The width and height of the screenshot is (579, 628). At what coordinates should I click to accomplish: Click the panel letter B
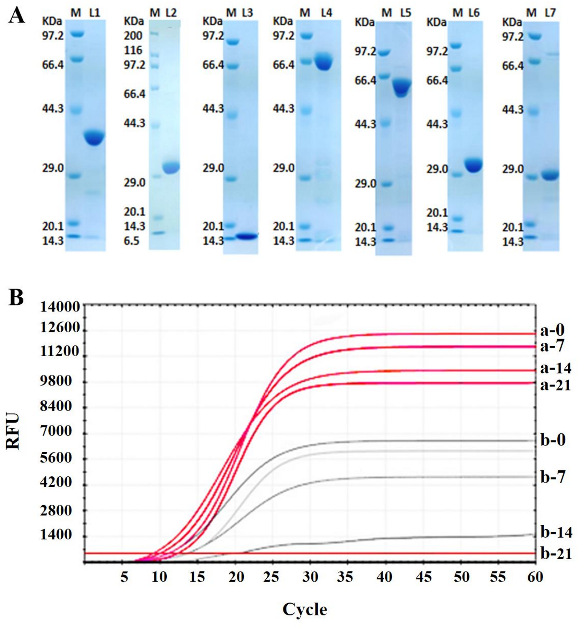click(x=16, y=297)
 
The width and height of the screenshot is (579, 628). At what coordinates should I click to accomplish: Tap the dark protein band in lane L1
click(x=94, y=137)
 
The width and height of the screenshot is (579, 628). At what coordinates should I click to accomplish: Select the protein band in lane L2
click(x=171, y=167)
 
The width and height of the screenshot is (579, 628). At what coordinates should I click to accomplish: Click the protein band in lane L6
click(x=474, y=165)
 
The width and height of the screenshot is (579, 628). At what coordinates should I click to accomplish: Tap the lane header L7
click(x=550, y=13)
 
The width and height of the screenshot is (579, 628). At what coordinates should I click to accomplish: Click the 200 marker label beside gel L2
click(x=133, y=36)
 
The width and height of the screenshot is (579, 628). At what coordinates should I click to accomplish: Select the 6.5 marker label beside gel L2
click(x=131, y=241)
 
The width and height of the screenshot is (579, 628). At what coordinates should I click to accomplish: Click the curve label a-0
click(x=552, y=330)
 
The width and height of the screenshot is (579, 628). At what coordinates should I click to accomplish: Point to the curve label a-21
click(x=555, y=385)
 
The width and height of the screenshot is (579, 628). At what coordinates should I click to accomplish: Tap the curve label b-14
click(x=556, y=532)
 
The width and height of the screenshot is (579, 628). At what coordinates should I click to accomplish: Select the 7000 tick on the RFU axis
click(x=56, y=431)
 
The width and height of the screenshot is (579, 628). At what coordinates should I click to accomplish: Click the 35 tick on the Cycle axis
click(x=345, y=577)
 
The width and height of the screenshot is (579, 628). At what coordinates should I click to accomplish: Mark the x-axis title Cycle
click(x=305, y=609)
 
